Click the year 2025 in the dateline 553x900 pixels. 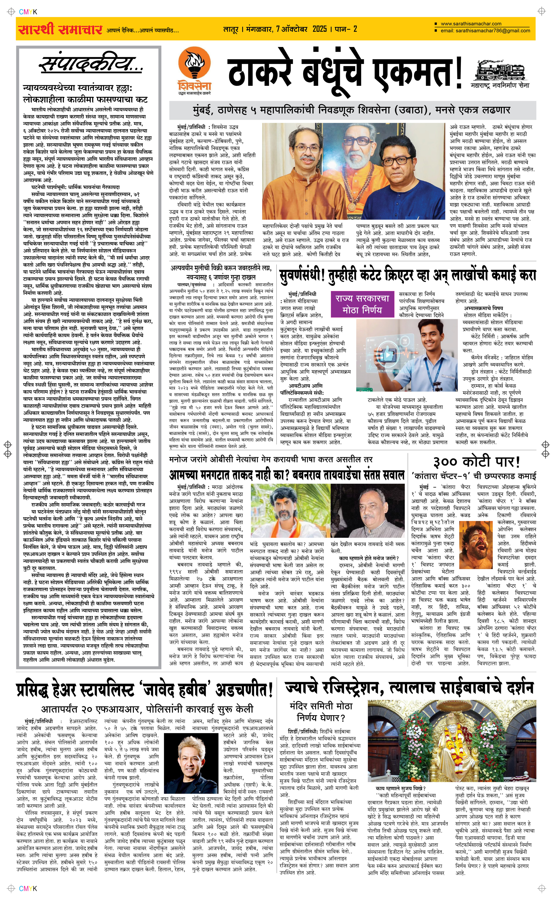pos(320,29)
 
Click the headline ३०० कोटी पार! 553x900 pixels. pos(477,462)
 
